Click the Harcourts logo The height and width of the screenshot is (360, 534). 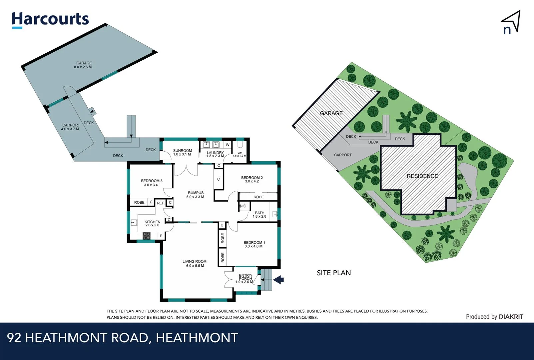[50, 20]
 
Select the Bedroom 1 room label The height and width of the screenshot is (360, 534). [254, 243]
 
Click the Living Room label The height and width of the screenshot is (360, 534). [194, 262]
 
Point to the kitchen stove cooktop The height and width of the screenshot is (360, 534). [147, 236]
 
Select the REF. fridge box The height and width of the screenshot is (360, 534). [161, 203]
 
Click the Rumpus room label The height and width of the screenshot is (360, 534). [196, 193]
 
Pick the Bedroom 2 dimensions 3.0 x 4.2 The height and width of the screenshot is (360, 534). [252, 182]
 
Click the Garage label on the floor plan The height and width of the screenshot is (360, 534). [84, 63]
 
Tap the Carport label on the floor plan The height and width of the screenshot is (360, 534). [71, 125]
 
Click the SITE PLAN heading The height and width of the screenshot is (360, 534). [334, 273]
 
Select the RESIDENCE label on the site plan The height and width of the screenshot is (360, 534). [422, 176]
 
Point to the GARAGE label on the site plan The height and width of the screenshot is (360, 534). [331, 113]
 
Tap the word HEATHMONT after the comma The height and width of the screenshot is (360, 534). [197, 338]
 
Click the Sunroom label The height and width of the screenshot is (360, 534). [182, 151]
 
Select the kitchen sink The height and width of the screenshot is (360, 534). [134, 222]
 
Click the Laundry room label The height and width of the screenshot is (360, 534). [215, 153]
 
